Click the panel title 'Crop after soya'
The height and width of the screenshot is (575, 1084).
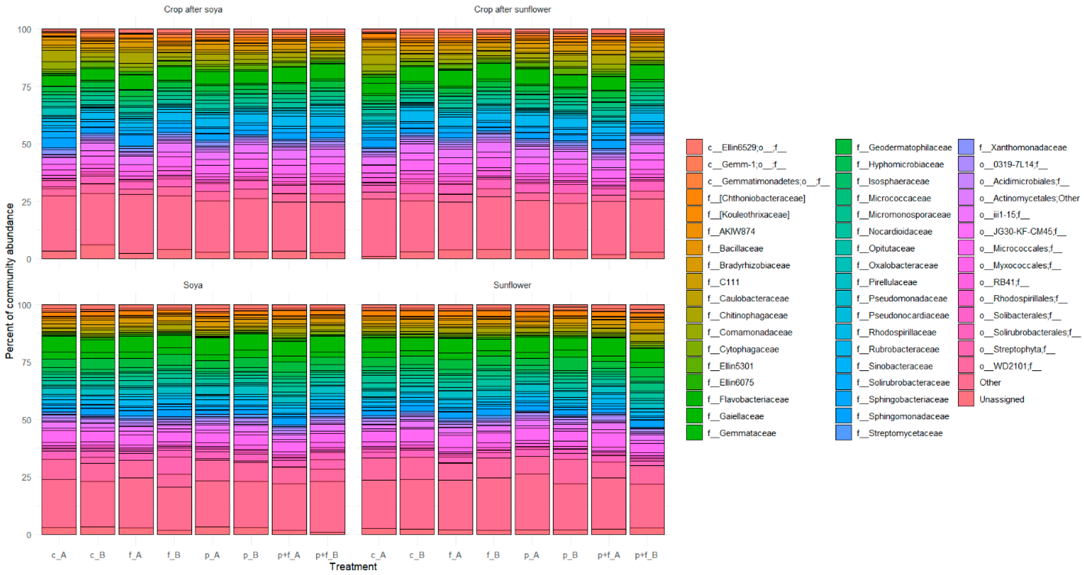pos(193,9)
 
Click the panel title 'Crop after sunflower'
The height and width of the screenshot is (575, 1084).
pos(512,9)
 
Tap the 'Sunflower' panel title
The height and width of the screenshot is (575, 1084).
pos(512,285)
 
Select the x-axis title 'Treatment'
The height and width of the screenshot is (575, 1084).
pos(353,567)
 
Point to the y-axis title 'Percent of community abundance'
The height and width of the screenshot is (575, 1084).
pos(9,281)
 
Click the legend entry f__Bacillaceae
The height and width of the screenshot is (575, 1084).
pos(741,248)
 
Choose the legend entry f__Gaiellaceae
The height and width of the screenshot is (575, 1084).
pos(741,416)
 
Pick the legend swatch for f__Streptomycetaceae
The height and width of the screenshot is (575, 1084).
pos(844,433)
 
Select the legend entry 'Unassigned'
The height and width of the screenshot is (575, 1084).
pos(1001,399)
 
